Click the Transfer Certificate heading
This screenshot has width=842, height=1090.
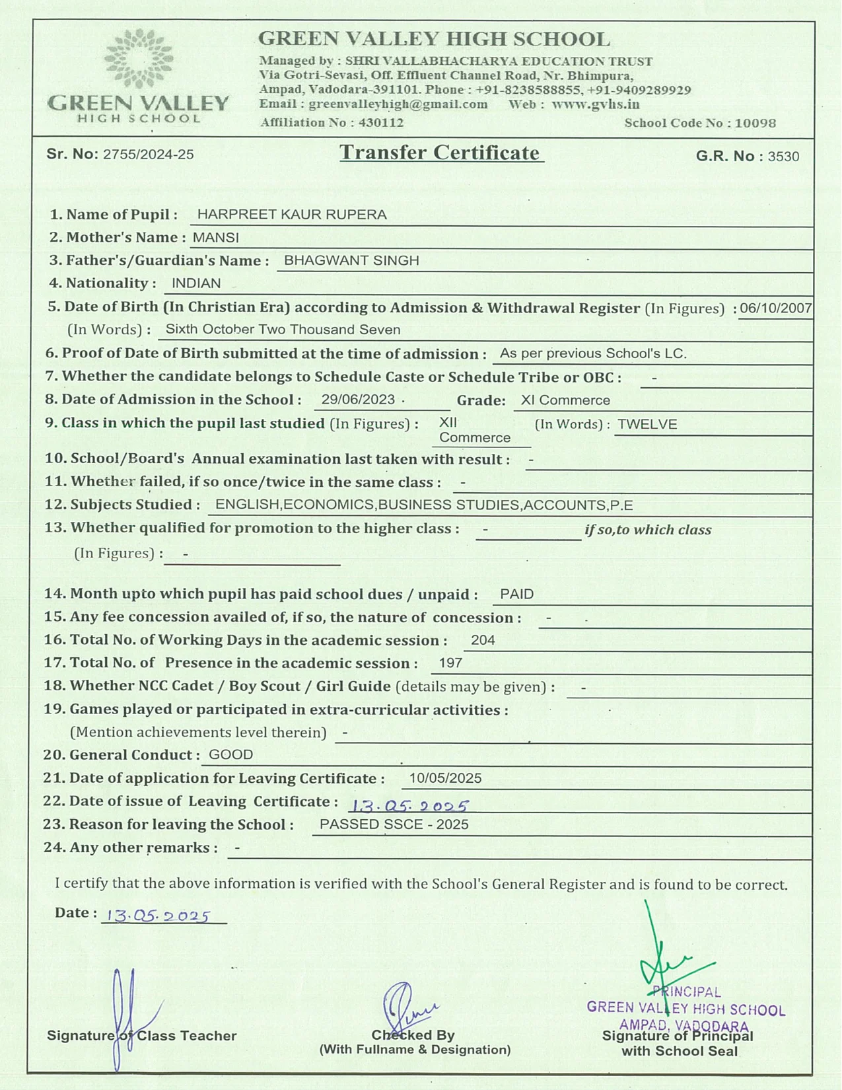point(440,153)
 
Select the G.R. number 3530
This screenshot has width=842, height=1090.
point(783,157)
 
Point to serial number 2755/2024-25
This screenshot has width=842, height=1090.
point(149,155)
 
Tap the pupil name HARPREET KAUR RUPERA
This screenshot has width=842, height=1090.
point(292,215)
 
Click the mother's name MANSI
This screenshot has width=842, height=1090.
point(216,237)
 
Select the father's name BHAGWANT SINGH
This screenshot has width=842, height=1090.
point(351,260)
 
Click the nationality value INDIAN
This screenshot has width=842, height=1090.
point(196,283)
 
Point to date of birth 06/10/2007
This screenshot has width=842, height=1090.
point(775,308)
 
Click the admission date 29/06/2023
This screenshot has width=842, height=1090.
point(358,400)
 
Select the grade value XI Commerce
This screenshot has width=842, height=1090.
point(565,400)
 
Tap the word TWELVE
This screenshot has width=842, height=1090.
point(647,424)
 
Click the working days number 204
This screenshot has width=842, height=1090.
point(483,640)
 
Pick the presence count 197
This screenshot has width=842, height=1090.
point(450,663)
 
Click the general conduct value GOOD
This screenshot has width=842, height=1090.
point(230,754)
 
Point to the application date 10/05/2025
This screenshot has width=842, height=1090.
point(445,778)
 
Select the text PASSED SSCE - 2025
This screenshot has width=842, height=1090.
point(394,824)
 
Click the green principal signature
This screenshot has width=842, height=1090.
point(667,958)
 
